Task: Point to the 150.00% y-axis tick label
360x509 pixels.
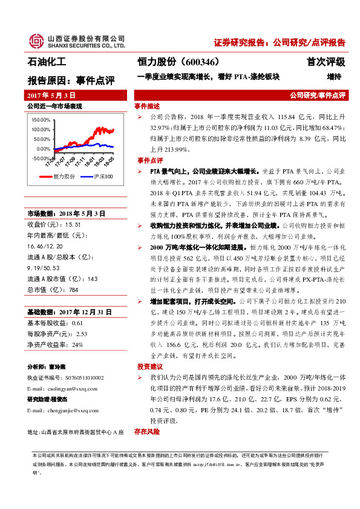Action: pos(41,120)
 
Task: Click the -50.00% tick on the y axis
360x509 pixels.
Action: pos(41,158)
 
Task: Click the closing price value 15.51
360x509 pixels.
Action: pos(73,207)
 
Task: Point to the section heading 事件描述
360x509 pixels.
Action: pos(148,106)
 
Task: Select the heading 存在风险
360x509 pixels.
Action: pos(148,432)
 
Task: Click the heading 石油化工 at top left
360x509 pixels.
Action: pos(47,62)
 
